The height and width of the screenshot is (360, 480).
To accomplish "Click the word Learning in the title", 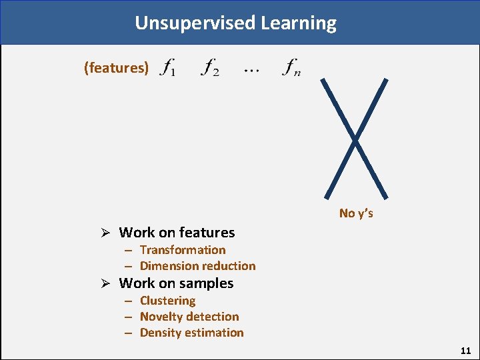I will [x=299, y=23].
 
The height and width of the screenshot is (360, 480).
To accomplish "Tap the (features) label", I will [x=116, y=67].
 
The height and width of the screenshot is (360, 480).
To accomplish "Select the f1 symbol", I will [x=169, y=67].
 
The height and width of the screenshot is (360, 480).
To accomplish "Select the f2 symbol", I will [x=210, y=67].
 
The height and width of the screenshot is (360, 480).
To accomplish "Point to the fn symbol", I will [x=291, y=67].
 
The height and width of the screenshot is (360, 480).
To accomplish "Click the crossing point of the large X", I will [x=355, y=139].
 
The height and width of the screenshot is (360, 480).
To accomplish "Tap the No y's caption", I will [x=356, y=213].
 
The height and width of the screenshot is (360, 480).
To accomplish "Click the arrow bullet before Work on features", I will [x=105, y=233].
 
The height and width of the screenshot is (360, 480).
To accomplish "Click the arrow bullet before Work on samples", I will [x=105, y=283].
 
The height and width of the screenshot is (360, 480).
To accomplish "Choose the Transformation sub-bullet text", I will [x=183, y=250].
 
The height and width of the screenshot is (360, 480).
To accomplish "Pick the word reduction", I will [x=228, y=266].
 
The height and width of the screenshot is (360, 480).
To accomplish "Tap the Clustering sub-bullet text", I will [x=167, y=301].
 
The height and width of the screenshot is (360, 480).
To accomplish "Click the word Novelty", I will [x=161, y=317].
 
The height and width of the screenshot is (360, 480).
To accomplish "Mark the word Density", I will [x=160, y=333].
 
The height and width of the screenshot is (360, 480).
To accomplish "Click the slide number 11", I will [x=465, y=350].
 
